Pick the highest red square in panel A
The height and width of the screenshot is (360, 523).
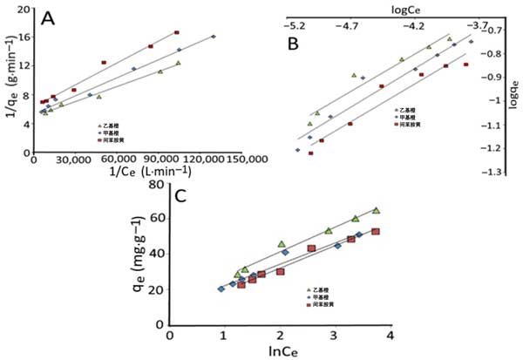pos(177,32)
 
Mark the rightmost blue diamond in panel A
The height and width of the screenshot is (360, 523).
pos(214,37)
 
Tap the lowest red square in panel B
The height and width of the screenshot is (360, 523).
pos(310,153)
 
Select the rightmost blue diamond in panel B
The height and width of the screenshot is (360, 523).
pos(472,41)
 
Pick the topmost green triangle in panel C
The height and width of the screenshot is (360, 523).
pos(376,210)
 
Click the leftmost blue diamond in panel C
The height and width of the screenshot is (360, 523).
pos(221,289)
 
